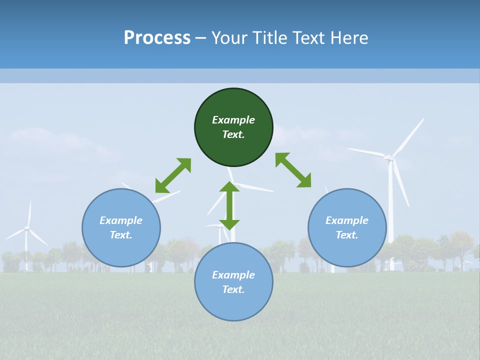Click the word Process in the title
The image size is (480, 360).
(157, 38)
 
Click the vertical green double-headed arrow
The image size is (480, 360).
(229, 205)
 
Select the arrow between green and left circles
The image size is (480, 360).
(173, 175)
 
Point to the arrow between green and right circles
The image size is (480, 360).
(293, 170)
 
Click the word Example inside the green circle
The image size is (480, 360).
(233, 120)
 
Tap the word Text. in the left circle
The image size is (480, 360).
(121, 235)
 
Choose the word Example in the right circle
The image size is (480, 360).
(347, 220)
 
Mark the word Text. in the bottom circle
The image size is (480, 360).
(233, 289)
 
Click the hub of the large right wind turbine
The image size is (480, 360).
(388, 158)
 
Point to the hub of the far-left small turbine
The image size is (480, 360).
(27, 228)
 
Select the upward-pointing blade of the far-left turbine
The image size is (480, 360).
(29, 213)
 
